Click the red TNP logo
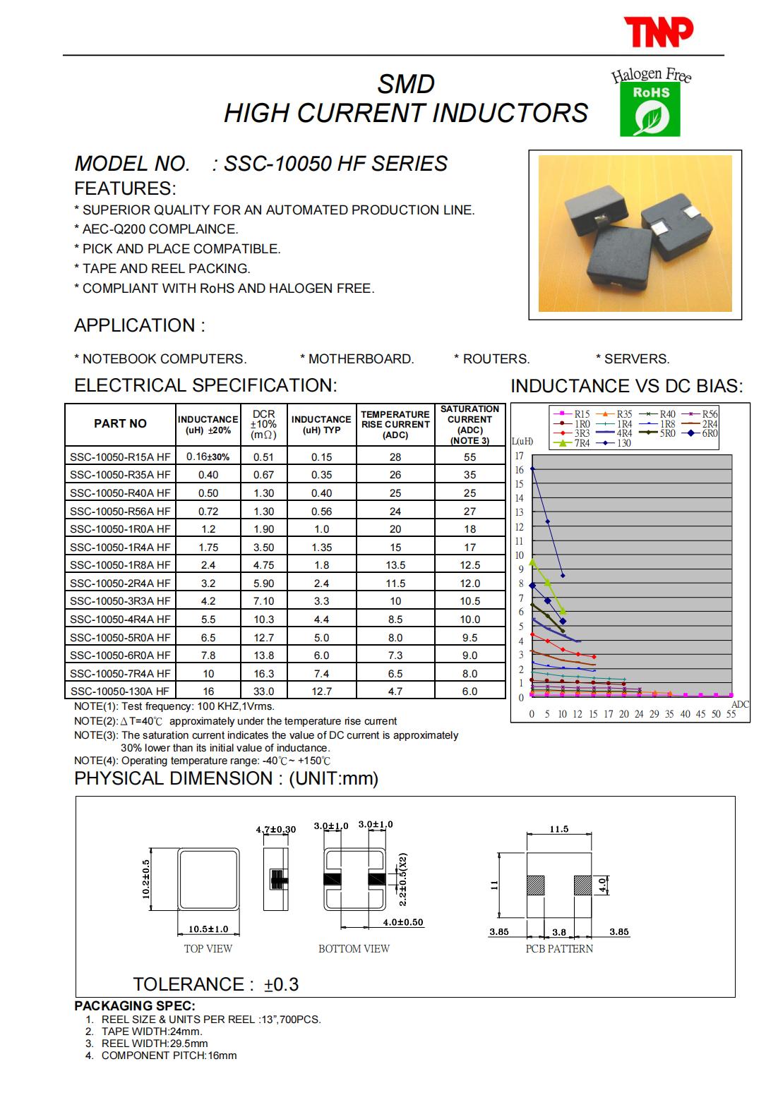click(658, 31)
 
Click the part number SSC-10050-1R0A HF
click(120, 529)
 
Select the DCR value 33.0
click(263, 691)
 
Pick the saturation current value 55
click(469, 457)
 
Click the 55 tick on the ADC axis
click(731, 714)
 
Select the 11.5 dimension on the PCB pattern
click(558, 829)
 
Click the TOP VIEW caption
click(208, 949)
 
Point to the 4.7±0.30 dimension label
click(275, 829)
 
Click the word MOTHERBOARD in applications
click(361, 359)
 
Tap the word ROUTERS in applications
click(496, 359)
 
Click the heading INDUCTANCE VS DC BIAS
click(626, 386)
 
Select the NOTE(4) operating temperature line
click(202, 761)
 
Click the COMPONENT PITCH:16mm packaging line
click(169, 1056)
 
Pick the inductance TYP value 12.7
click(321, 691)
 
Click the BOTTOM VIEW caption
click(354, 949)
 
